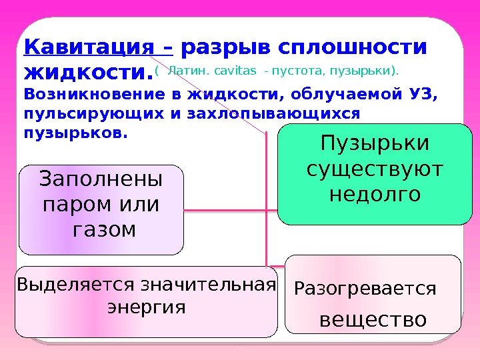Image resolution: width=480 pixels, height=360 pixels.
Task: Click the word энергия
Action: [x=146, y=308]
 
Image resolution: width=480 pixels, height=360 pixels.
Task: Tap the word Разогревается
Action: [x=365, y=289]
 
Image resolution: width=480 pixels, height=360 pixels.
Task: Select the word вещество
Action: [x=373, y=320]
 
